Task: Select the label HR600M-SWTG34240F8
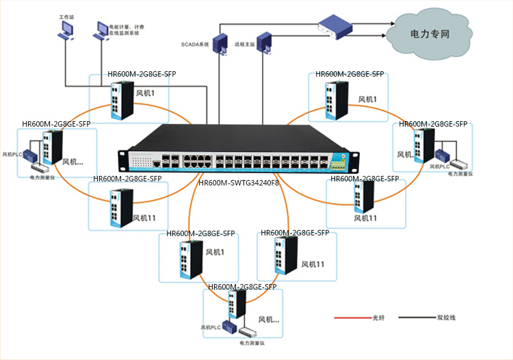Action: [239, 183]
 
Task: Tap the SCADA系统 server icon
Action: [221, 42]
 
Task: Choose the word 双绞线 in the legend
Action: [446, 318]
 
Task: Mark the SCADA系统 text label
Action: [194, 44]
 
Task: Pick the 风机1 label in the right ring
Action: [368, 99]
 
